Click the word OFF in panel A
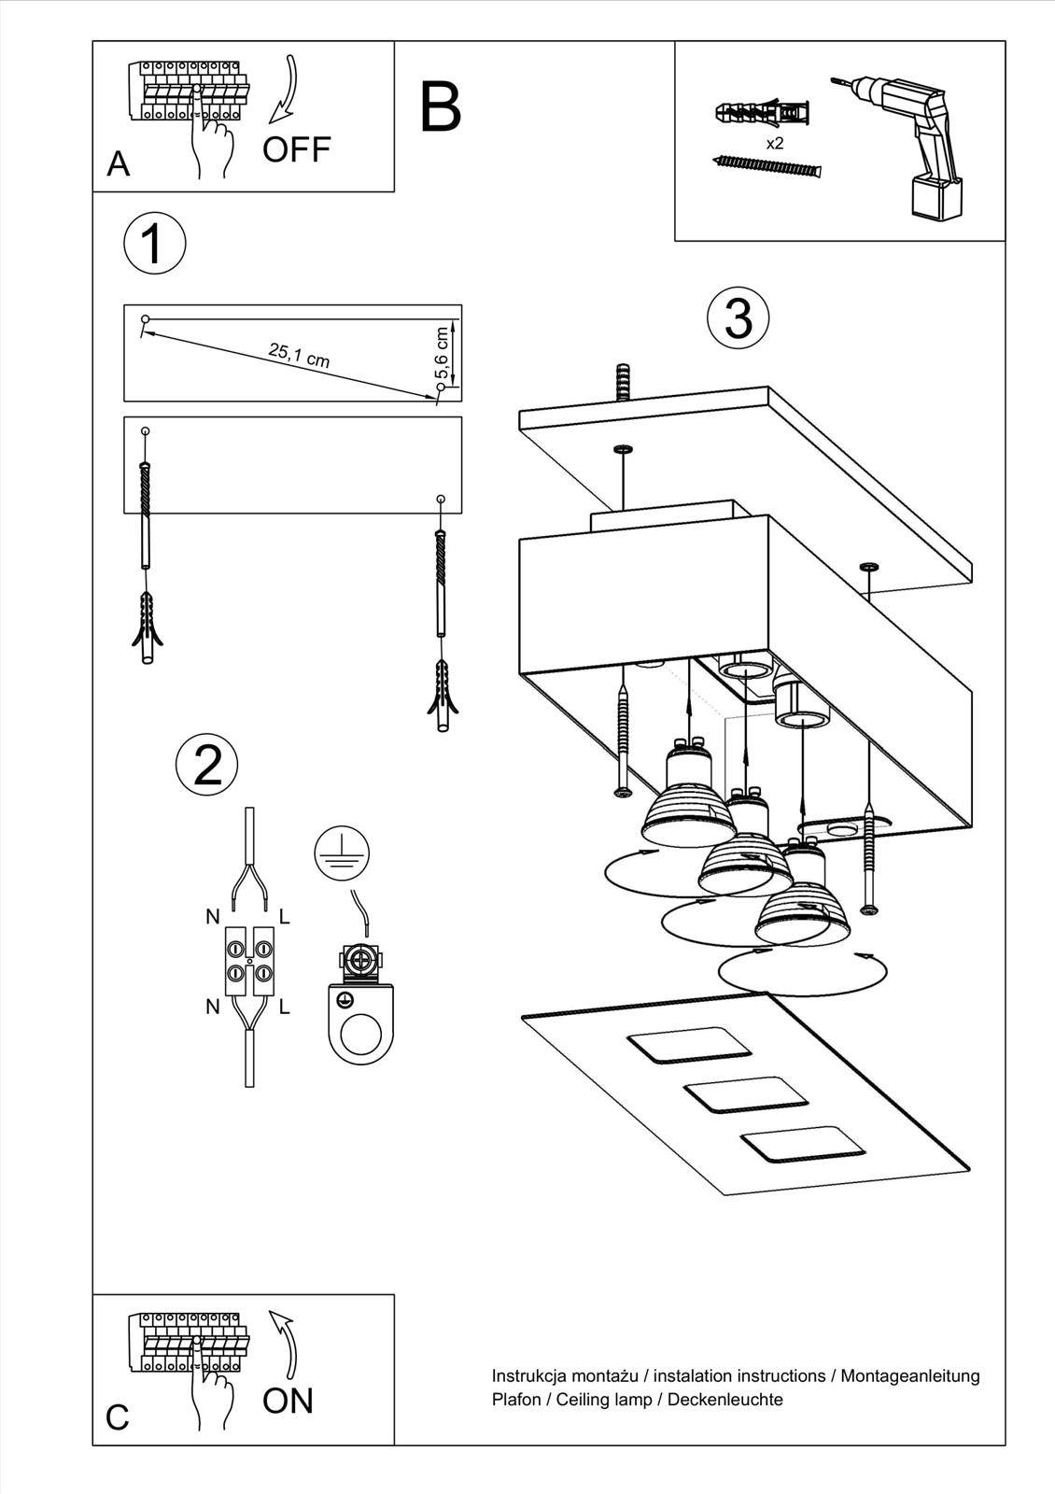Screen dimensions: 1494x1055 tap(296, 149)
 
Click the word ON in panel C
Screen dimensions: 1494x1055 tap(288, 1400)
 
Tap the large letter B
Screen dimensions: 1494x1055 tap(440, 107)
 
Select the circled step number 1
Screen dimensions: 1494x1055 tap(154, 245)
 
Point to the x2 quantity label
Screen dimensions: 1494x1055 tap(774, 144)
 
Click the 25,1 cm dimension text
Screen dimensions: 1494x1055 tap(299, 355)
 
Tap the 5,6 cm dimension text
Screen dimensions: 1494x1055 tap(442, 353)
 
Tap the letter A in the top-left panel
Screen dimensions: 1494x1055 tap(119, 164)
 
